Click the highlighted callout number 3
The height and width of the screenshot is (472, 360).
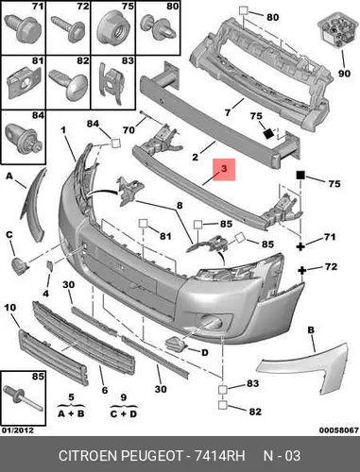coord(224,168)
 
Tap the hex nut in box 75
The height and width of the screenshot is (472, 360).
coord(113,29)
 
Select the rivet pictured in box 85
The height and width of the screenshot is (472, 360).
coord(23,398)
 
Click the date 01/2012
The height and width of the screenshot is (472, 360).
coord(18,430)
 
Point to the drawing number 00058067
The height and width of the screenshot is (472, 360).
coord(339,430)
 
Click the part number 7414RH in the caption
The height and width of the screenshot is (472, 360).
coord(219,456)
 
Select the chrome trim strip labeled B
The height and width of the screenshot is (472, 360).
coord(302,365)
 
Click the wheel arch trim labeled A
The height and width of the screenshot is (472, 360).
coord(34,205)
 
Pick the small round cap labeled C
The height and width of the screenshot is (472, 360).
coord(20,265)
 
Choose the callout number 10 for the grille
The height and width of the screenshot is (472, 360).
coord(10,307)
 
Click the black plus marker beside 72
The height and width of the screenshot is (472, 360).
coord(302,270)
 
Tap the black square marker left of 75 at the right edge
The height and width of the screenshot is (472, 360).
coord(300,175)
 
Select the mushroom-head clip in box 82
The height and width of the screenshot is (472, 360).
coord(68,83)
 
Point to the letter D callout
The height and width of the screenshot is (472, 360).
coord(205,352)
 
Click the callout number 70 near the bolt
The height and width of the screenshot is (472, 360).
coord(129,129)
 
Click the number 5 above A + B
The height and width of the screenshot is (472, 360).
coord(71,397)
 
